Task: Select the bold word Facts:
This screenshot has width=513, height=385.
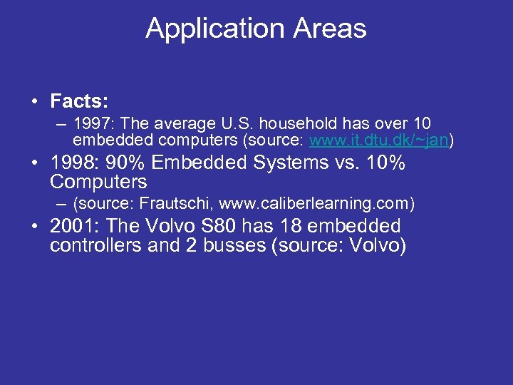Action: click(x=79, y=100)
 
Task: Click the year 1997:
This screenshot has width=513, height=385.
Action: click(x=93, y=124)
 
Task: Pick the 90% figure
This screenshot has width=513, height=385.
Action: click(x=125, y=163)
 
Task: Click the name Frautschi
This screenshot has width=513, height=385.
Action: click(x=171, y=203)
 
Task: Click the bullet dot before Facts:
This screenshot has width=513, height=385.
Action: click(x=34, y=101)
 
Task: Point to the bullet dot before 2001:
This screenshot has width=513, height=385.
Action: click(x=34, y=227)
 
